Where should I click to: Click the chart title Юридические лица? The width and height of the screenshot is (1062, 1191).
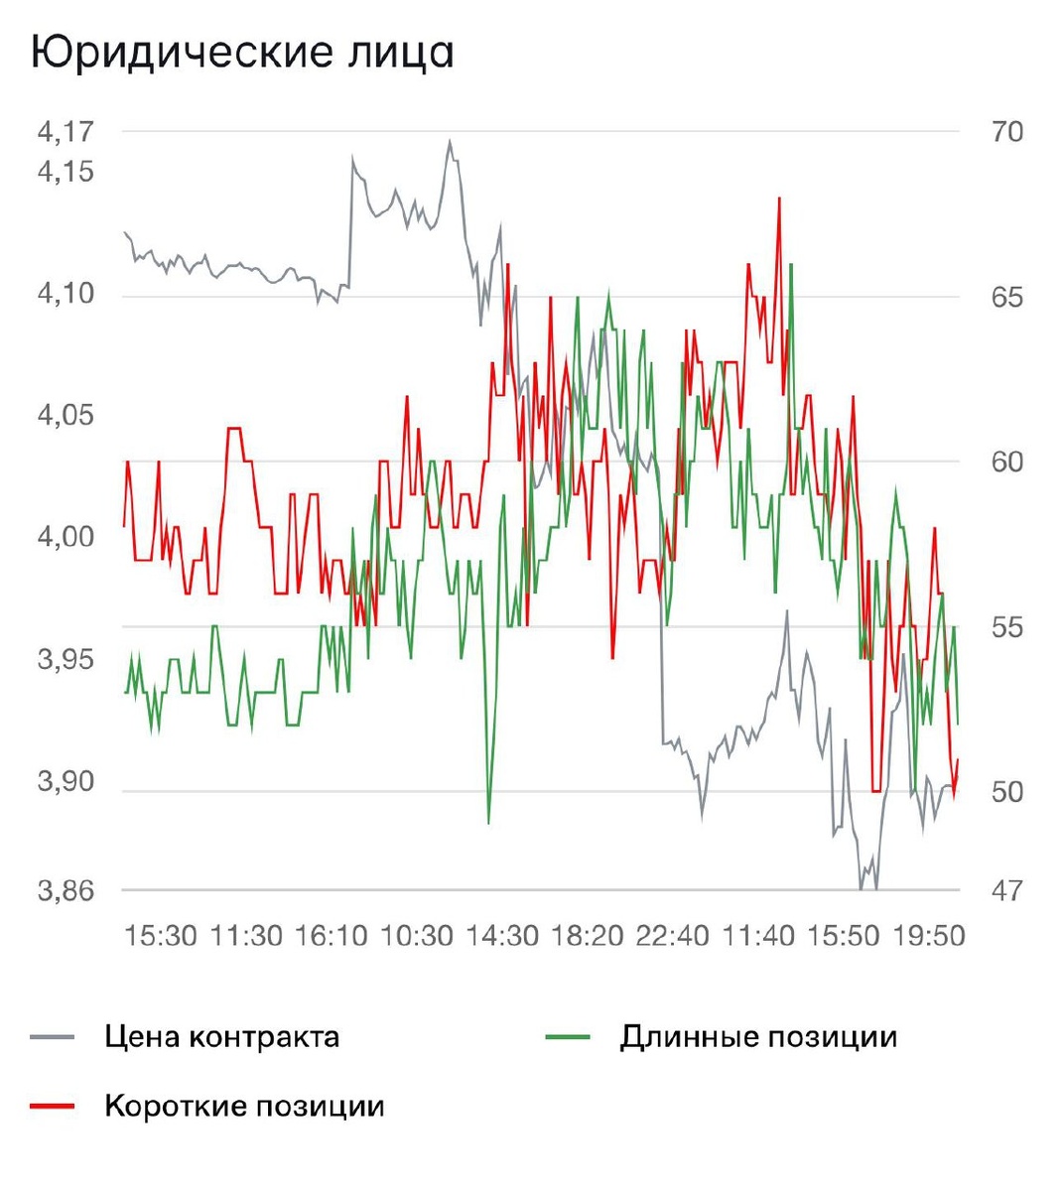(x=243, y=53)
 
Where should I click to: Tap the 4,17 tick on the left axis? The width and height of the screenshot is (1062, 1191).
(x=66, y=131)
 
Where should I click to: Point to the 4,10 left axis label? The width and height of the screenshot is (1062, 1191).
(x=66, y=294)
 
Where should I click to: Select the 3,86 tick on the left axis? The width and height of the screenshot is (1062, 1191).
(x=66, y=890)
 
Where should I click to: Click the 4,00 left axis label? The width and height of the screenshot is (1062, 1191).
(x=66, y=537)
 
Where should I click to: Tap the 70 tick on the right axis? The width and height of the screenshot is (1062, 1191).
(x=1006, y=132)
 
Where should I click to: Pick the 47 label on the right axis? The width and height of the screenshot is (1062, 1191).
(x=1006, y=891)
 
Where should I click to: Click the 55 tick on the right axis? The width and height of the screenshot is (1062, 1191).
(x=1006, y=627)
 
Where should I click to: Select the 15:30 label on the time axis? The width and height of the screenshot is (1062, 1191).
(x=160, y=935)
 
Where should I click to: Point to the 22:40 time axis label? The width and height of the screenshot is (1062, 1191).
(x=672, y=935)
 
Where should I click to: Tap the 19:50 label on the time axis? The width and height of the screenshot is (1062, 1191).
(x=928, y=935)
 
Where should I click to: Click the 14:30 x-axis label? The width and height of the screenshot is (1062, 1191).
(x=501, y=935)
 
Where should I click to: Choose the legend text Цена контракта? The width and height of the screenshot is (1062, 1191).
(x=221, y=1037)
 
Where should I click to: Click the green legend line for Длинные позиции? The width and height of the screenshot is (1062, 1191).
(x=568, y=1037)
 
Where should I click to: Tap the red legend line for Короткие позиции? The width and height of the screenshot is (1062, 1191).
(x=53, y=1106)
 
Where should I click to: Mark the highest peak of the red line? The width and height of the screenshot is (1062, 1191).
(x=779, y=198)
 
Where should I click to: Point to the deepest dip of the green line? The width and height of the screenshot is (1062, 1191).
(x=488, y=822)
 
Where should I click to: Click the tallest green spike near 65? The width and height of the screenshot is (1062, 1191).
(x=791, y=265)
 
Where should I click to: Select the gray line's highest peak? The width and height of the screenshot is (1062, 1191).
(x=450, y=141)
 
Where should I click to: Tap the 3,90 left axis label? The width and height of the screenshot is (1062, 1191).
(x=66, y=781)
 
